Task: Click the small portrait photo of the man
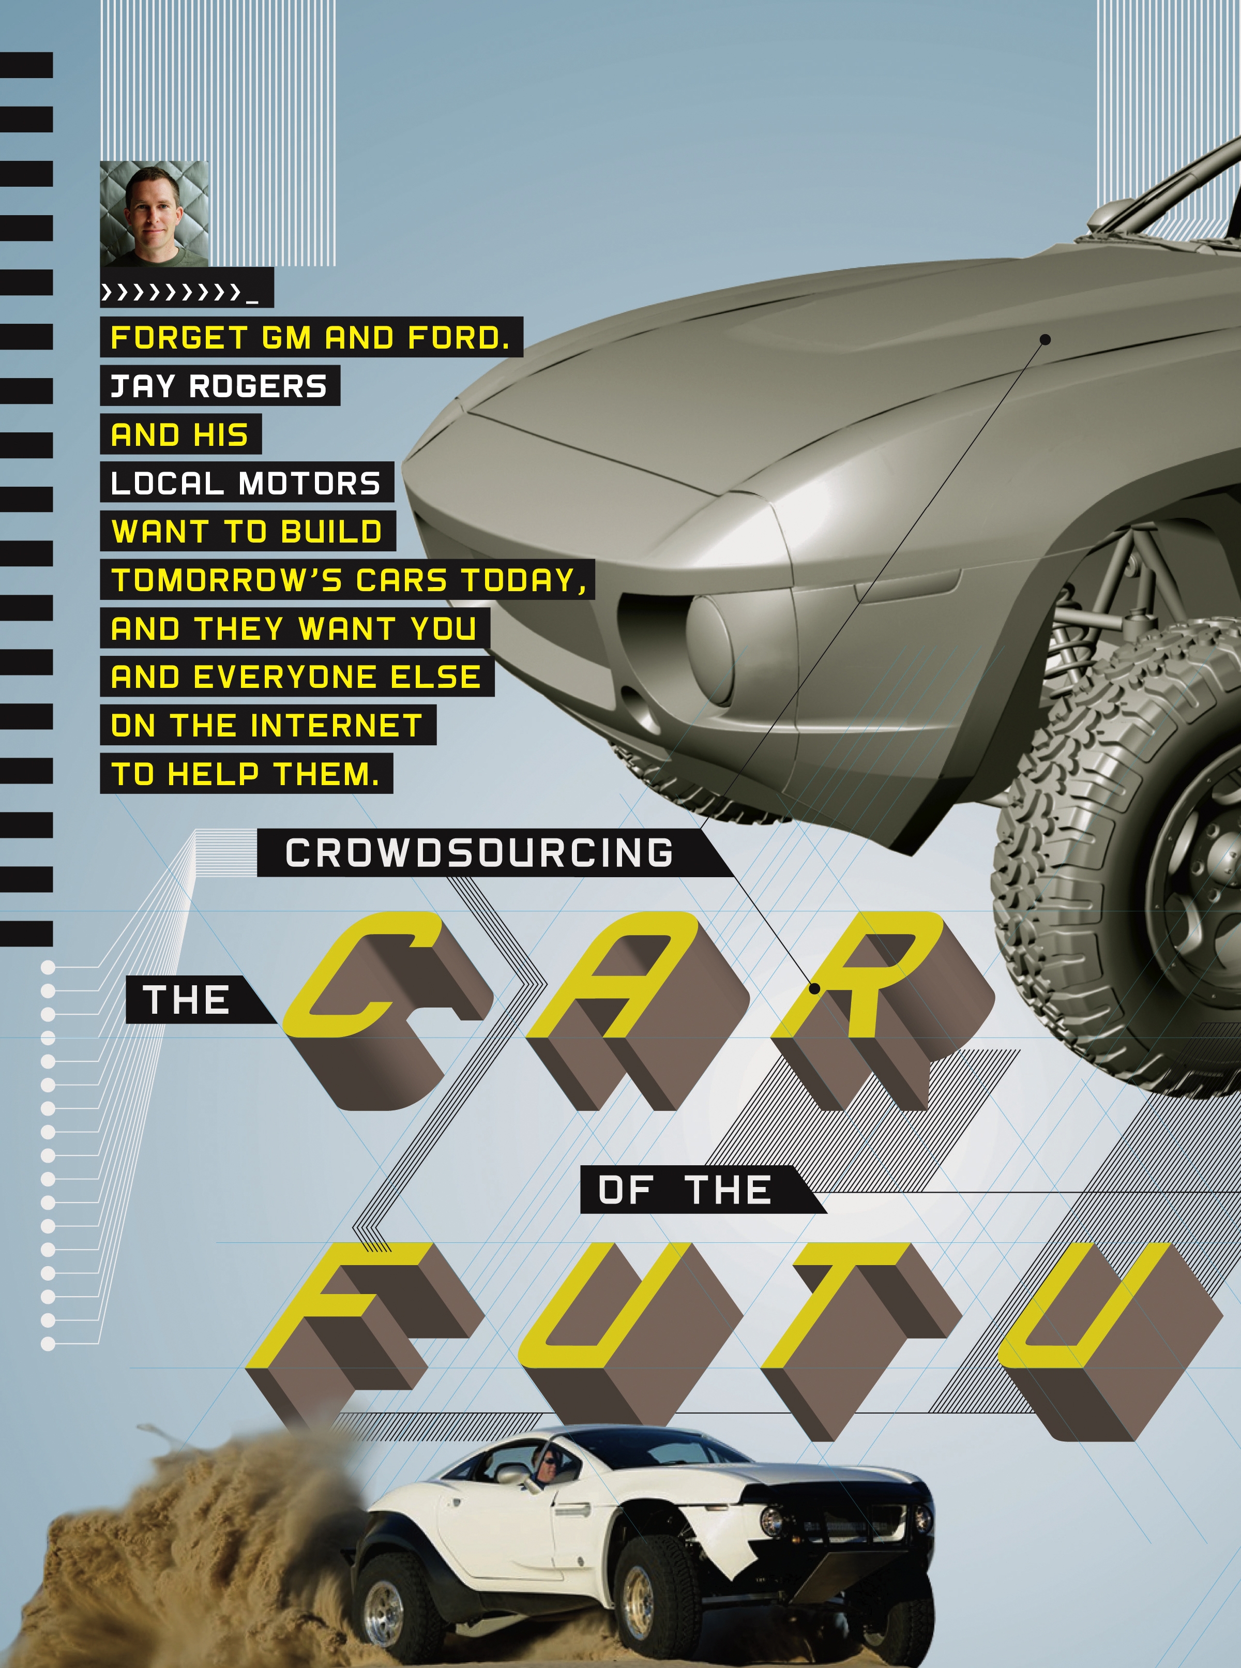click(x=154, y=214)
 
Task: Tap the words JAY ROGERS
click(x=219, y=386)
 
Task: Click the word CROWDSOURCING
click(x=479, y=853)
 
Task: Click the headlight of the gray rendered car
click(x=710, y=650)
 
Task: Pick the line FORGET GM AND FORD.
click(x=310, y=338)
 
